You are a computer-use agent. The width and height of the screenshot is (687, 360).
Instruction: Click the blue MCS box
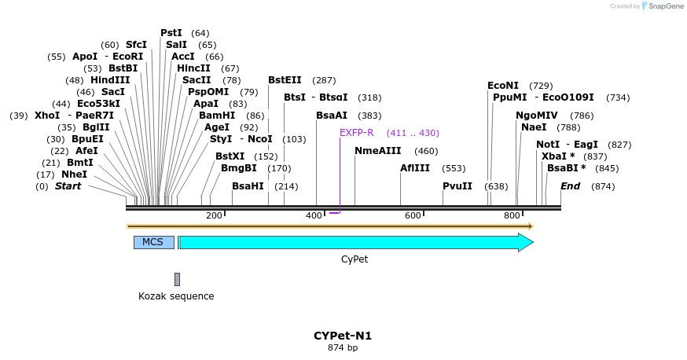coord(153,242)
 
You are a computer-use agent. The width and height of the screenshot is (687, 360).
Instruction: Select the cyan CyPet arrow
coord(354,242)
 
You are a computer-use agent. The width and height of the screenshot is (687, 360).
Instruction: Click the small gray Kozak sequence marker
coord(177,279)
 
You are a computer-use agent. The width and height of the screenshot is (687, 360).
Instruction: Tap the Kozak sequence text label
coord(176,296)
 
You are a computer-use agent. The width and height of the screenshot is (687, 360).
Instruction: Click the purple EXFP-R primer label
coord(357,133)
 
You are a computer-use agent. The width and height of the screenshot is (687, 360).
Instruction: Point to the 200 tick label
coord(214,215)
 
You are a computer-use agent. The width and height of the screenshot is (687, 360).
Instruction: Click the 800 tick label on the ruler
coord(512,215)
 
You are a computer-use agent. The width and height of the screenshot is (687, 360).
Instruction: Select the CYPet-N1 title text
coord(343,336)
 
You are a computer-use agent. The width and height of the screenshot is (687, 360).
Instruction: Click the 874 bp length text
coord(343,347)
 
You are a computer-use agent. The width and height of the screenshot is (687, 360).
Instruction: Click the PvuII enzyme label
coord(457,186)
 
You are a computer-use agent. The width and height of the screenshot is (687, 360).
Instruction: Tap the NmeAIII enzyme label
coord(377,151)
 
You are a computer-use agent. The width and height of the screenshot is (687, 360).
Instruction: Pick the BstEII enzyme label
coord(285,80)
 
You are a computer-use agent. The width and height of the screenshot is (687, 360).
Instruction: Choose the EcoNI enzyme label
coord(503,86)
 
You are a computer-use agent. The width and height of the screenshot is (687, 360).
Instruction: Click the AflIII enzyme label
coord(415,168)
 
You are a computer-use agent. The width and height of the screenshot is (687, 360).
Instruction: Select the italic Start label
coord(68,186)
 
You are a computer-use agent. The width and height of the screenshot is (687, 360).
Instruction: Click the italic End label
coord(570,186)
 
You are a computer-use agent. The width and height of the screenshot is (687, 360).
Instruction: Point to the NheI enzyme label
coord(74,174)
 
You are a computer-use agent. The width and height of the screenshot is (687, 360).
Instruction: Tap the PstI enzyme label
coord(171,33)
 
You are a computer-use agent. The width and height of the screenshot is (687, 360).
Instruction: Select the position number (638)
coord(496,186)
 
